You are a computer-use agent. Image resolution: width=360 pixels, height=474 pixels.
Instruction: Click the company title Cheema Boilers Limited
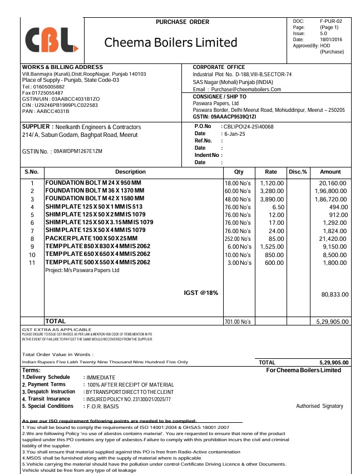click(171, 42)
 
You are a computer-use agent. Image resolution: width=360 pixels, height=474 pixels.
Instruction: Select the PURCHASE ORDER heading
click(183, 22)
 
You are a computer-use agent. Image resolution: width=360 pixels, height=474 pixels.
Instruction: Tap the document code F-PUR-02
click(331, 21)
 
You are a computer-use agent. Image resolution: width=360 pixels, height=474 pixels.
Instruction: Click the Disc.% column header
click(298, 172)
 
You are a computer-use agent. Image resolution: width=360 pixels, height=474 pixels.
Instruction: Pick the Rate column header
click(271, 172)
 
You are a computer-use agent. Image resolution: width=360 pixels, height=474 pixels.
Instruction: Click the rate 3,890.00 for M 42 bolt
click(272, 199)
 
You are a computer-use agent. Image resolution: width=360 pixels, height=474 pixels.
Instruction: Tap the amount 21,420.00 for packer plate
click(333, 238)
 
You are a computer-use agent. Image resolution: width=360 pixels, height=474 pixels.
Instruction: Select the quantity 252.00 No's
click(238, 238)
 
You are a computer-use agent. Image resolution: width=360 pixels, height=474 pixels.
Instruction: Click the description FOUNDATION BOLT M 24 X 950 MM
click(93, 182)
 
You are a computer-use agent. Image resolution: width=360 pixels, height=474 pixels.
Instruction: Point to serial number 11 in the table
click(32, 262)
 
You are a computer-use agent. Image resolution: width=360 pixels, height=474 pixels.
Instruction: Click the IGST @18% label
click(201, 293)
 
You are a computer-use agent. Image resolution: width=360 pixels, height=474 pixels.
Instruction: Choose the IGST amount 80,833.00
click(335, 294)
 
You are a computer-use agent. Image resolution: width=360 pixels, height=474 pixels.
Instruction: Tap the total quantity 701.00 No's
click(238, 322)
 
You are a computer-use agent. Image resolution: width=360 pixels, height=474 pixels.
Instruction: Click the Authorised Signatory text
click(319, 406)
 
